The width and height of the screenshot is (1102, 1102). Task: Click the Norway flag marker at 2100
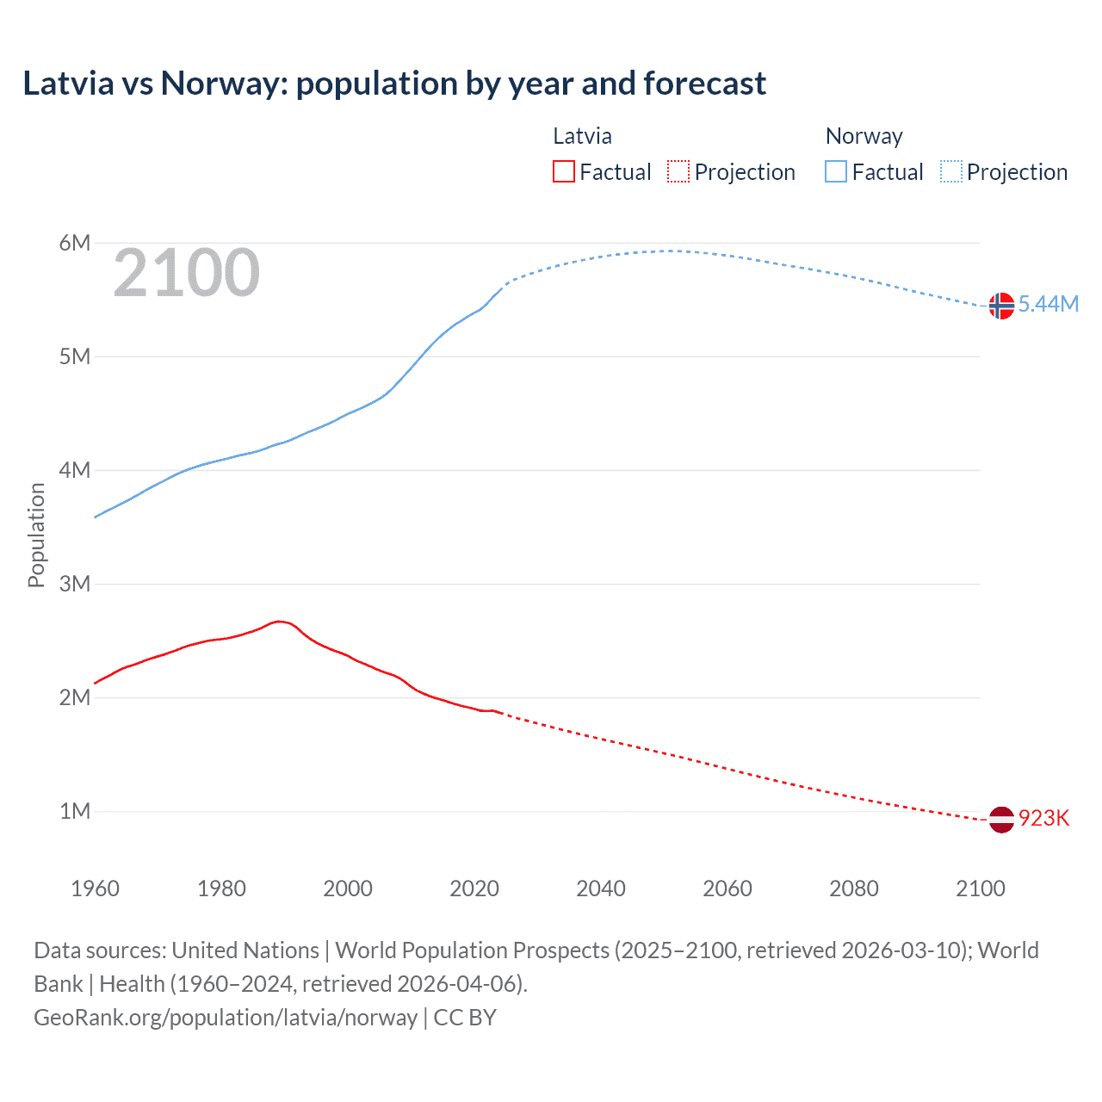1000,306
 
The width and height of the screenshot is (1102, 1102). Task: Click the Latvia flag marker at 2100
1000,820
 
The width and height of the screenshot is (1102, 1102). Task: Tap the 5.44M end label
1048,304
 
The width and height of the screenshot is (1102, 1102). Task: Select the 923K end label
1043,818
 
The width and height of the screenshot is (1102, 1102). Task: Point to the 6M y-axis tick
75,243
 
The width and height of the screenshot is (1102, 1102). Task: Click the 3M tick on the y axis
75,584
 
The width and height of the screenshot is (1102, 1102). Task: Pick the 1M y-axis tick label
75,811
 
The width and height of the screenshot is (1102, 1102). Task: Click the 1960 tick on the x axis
95,888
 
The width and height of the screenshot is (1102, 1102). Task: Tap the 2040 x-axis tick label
601,888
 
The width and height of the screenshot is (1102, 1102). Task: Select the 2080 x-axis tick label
854,888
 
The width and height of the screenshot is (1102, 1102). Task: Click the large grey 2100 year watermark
186,273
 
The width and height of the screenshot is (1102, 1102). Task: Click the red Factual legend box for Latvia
564,171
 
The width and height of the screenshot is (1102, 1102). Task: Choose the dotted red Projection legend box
678,171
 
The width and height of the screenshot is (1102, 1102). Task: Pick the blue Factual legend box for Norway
836,171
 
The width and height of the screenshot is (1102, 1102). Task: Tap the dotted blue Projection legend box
950,171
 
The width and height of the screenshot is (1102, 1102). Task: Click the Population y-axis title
36,535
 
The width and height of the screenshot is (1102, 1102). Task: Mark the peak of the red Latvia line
278,621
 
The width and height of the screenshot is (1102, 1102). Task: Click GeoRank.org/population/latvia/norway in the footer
226,1017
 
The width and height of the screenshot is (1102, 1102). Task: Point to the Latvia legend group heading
582,136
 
